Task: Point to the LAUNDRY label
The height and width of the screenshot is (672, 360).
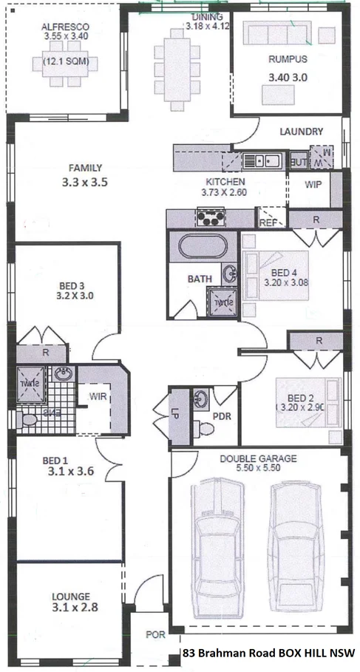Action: [x=301, y=132]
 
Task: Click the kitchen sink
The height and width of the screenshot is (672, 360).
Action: [x=261, y=159]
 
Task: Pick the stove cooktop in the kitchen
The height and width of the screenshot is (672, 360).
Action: [x=210, y=217]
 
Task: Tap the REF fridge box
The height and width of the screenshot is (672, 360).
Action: [x=268, y=220]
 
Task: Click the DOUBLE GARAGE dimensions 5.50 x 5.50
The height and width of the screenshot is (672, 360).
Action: [x=257, y=469]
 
